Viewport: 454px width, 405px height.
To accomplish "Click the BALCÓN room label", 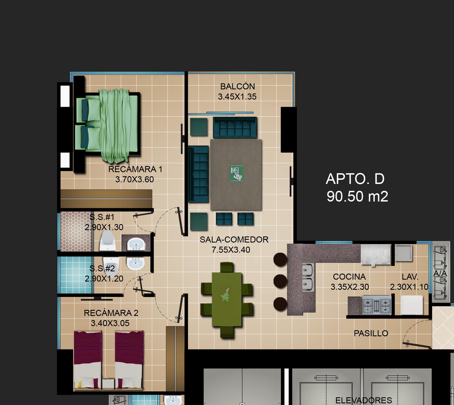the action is tap(237, 86).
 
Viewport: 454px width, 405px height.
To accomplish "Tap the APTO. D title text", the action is tap(355, 179).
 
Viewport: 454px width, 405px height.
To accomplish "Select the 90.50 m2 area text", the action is tap(357, 197).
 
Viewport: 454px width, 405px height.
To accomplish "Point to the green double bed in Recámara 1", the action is tap(107, 125).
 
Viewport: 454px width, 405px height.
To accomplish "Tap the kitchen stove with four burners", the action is tap(376, 305).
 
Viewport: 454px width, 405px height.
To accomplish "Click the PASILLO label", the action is tap(371, 333).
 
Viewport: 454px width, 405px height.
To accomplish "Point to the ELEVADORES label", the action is tap(363, 400).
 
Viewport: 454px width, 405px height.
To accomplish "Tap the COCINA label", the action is tap(349, 277).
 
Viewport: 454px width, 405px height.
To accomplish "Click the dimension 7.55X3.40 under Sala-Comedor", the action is tap(231, 250).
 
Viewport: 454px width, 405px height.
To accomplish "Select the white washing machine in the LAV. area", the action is tap(412, 305).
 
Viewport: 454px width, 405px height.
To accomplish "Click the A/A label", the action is tap(440, 273).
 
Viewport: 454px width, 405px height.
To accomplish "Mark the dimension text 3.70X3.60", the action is tap(135, 179).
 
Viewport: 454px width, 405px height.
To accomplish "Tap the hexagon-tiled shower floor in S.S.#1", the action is tap(75, 231).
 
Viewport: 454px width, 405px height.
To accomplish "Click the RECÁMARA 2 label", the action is tap(111, 313).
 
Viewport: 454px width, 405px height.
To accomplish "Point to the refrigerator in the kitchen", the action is tap(376, 255).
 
